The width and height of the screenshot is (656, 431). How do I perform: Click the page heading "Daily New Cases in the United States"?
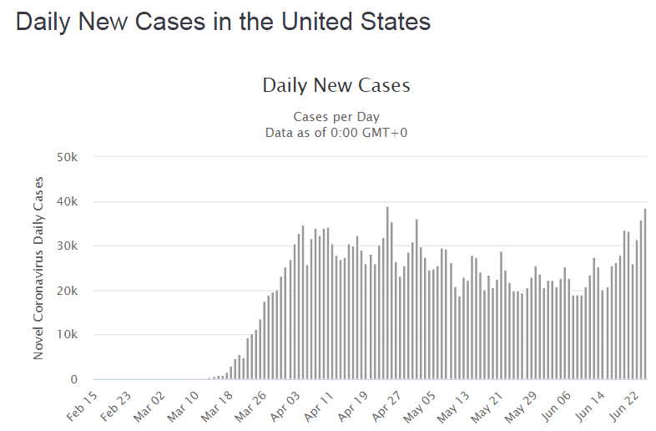[223, 22]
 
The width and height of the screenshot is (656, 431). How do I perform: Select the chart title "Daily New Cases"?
[336, 85]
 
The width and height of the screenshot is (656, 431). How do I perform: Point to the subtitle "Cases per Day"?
[336, 117]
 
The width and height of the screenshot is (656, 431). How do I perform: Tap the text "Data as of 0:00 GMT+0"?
[336, 132]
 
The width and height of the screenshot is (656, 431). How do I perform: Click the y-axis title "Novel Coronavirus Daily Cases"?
[38, 267]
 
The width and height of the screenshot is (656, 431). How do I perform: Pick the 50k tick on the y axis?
[67, 157]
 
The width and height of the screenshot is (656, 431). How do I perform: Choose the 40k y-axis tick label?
[67, 201]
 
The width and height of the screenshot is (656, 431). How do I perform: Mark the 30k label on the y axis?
[67, 246]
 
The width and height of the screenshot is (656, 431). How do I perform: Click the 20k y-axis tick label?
[67, 291]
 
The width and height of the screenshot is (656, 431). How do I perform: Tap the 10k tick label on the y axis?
[67, 335]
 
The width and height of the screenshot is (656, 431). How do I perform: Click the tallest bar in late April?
[387, 293]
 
